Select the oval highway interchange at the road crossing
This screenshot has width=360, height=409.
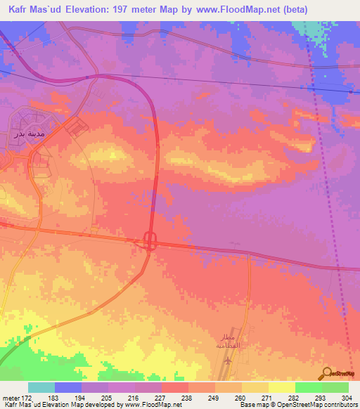[150, 241]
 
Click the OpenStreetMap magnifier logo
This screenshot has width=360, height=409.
[327, 373]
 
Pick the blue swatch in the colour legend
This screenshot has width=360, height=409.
[68, 387]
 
